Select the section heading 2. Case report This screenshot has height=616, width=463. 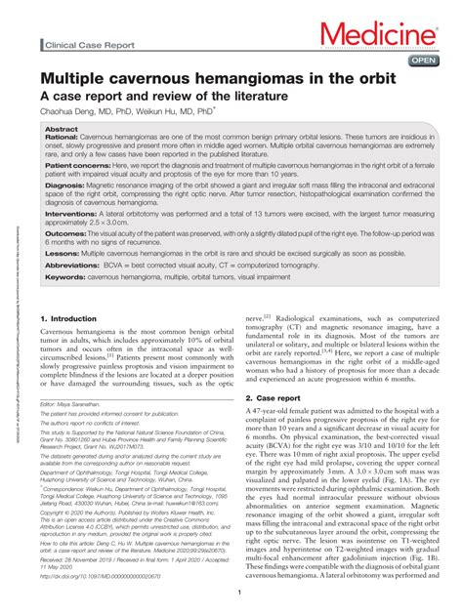(x=277, y=398)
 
